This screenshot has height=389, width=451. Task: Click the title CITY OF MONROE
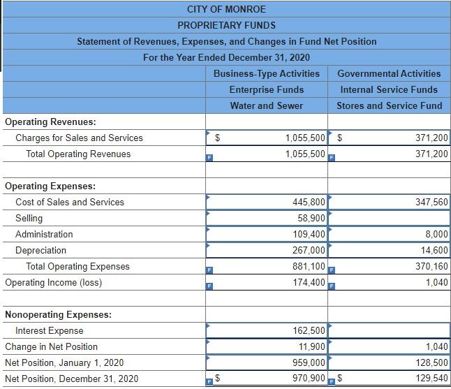pos(226,9)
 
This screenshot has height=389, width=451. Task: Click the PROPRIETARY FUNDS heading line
pos(226,25)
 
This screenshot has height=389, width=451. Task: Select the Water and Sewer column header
pos(267,105)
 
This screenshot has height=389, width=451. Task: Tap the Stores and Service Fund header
pos(389,105)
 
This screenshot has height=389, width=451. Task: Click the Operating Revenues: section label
pos(50,122)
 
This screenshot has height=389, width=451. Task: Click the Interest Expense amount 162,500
pos(308,330)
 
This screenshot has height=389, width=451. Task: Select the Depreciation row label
pos(41,250)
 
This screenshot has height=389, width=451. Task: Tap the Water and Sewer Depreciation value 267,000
pos(308,250)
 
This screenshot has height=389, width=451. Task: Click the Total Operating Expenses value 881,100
pos(308,266)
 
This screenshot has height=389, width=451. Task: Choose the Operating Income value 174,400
pos(308,282)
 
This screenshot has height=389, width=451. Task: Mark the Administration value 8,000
pos(436,234)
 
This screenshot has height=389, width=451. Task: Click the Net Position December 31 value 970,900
pos(308,379)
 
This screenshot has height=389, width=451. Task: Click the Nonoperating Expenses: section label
pos(58,314)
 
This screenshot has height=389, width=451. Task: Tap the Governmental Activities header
pos(389,73)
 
